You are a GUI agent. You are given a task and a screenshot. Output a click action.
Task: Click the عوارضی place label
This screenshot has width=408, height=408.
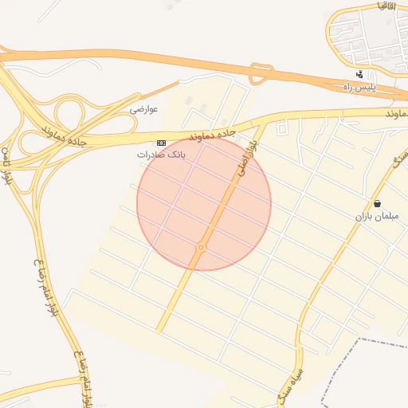point(145,108)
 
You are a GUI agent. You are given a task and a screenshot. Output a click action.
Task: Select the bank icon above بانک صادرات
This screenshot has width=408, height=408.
point(162,143)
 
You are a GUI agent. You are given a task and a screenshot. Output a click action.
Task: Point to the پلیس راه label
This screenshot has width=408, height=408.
point(359,85)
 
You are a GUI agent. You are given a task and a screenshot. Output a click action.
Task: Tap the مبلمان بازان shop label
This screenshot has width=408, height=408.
point(376,216)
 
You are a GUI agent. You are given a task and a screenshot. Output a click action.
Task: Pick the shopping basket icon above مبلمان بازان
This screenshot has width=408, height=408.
point(377,204)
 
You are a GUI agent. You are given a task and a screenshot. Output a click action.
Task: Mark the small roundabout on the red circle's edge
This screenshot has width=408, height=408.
point(201,248)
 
